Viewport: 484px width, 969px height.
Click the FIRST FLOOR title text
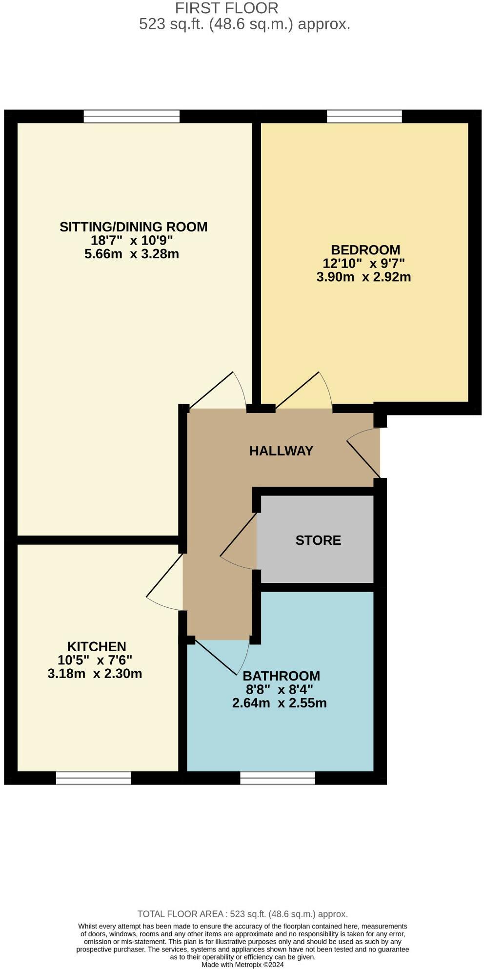226,8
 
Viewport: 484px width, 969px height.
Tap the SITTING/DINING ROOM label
133,227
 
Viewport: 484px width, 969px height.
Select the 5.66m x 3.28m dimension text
131,254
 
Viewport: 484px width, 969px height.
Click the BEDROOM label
365,250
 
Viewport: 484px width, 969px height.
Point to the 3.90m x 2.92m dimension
363,277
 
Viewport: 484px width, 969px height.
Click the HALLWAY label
281,451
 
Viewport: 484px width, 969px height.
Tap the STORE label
318,540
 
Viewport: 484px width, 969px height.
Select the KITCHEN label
97,646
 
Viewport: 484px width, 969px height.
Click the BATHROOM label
281,676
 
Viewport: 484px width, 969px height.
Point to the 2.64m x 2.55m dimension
279,703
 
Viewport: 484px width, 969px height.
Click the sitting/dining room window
131,116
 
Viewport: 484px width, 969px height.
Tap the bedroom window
364,116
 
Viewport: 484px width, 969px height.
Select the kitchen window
93,778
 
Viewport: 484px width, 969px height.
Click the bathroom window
277,778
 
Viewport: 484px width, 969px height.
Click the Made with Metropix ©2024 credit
242,965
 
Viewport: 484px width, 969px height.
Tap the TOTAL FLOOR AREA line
242,914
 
